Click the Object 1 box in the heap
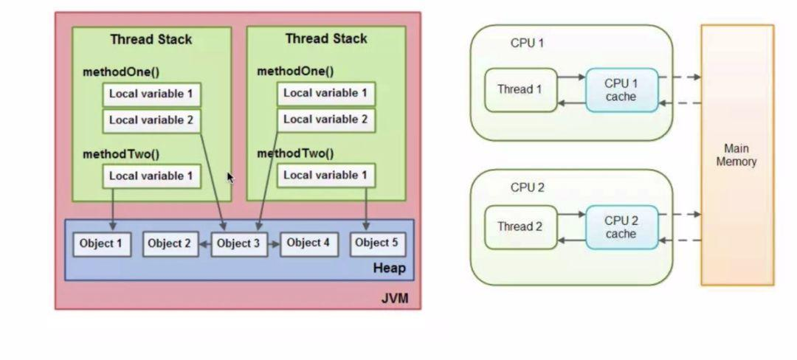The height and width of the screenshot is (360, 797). click(102, 243)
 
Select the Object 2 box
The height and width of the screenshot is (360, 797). click(169, 243)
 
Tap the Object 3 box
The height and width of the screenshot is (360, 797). click(239, 243)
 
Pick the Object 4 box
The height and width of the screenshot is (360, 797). click(308, 243)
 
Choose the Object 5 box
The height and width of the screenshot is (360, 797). click(376, 243)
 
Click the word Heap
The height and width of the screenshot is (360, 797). click(389, 268)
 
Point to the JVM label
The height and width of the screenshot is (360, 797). click(395, 300)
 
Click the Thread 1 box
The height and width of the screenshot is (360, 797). click(520, 90)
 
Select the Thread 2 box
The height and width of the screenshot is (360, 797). click(520, 226)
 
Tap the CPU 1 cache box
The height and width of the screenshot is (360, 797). click(621, 90)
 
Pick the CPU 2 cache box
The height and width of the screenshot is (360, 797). click(621, 226)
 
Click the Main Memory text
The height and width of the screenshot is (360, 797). click(736, 155)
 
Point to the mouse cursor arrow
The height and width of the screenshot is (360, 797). click(230, 177)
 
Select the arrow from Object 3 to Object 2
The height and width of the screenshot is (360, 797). click(204, 243)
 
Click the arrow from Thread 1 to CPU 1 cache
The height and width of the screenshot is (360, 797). click(571, 77)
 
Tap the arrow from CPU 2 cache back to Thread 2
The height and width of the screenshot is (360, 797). click(571, 240)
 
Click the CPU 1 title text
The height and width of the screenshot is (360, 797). click(527, 44)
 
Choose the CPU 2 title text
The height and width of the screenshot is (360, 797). click(527, 187)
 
